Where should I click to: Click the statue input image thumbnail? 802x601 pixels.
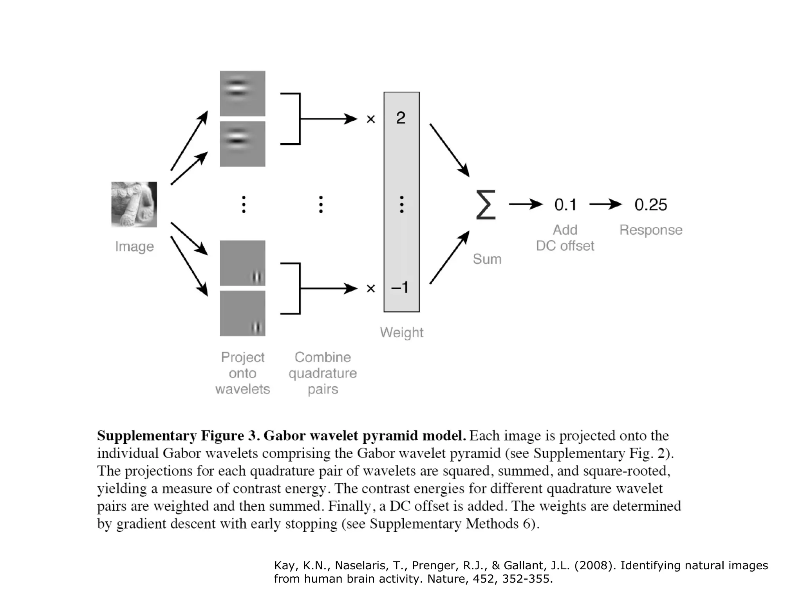point(134,204)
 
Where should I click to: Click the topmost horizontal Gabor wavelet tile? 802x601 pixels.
point(242,93)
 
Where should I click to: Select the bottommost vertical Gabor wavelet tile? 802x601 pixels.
point(242,313)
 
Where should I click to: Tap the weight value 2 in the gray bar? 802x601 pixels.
point(401,118)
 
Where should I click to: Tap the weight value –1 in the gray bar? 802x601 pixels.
point(400,288)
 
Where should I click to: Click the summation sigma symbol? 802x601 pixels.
point(486,205)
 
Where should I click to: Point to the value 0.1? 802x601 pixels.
point(565,205)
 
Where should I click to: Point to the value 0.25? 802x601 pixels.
point(650,205)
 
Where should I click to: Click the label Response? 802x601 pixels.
point(650,230)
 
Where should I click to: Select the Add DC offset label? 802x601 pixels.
point(565,238)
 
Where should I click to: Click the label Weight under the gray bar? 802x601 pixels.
point(401,333)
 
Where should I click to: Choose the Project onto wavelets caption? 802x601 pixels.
point(242,373)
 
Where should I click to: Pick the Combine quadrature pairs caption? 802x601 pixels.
point(323,373)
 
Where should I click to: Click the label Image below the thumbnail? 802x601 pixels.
point(134,247)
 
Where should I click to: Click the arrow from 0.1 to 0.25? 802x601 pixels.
point(605,204)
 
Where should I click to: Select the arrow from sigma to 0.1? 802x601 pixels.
point(525,204)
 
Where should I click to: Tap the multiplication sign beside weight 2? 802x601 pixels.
point(370,119)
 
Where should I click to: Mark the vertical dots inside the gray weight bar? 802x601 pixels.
point(401,204)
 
